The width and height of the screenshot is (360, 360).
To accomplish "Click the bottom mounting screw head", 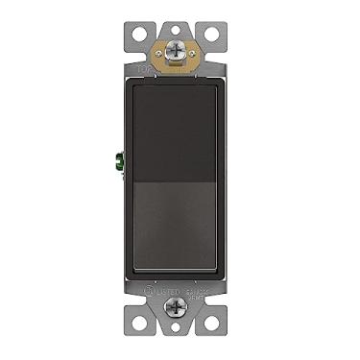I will [x=179, y=308].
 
